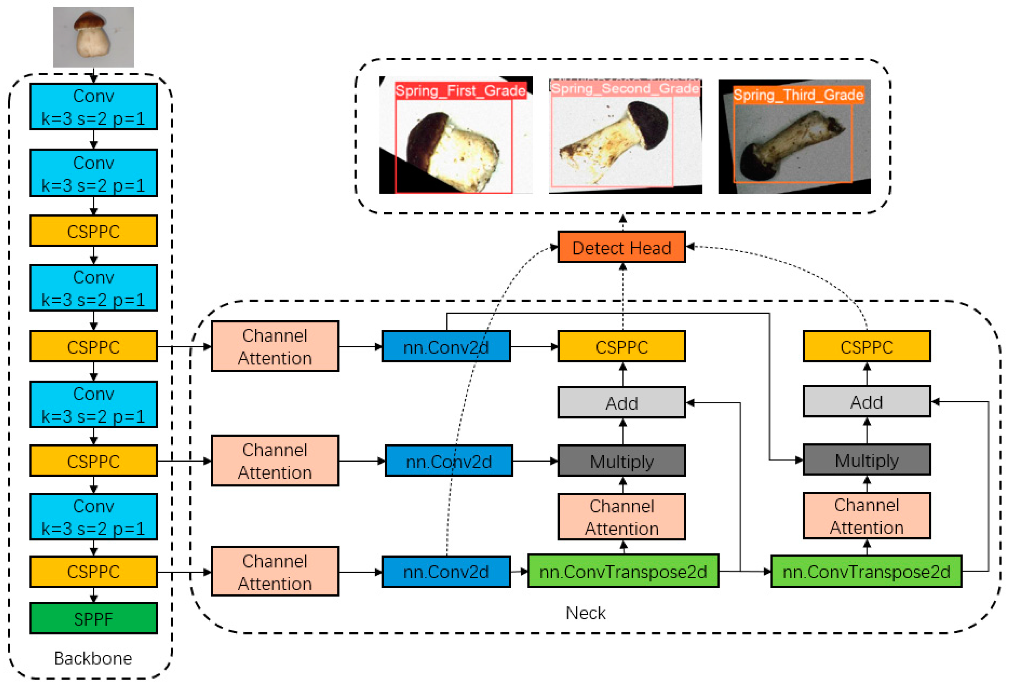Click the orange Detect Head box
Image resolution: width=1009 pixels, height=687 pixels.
[x=622, y=247]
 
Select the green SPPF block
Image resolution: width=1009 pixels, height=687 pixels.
[x=93, y=618]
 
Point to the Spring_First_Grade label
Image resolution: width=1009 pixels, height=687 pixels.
[x=460, y=91]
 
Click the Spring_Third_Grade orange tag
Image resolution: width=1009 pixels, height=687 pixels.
[x=798, y=95]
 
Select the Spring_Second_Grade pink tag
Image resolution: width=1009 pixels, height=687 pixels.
[x=625, y=88]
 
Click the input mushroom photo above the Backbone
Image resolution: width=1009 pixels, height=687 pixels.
[x=93, y=37]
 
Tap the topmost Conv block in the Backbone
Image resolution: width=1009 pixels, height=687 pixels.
[x=93, y=107]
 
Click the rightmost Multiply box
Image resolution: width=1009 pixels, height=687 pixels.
[x=867, y=460]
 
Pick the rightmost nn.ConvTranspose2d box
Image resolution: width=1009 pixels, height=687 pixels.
[x=866, y=571]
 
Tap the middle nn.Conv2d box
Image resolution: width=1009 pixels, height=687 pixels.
[x=449, y=461]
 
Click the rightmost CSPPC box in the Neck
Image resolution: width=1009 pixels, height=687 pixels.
[x=867, y=346]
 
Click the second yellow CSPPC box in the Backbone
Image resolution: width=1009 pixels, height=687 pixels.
[x=93, y=346]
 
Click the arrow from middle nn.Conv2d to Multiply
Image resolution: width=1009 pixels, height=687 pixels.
[x=535, y=461]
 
